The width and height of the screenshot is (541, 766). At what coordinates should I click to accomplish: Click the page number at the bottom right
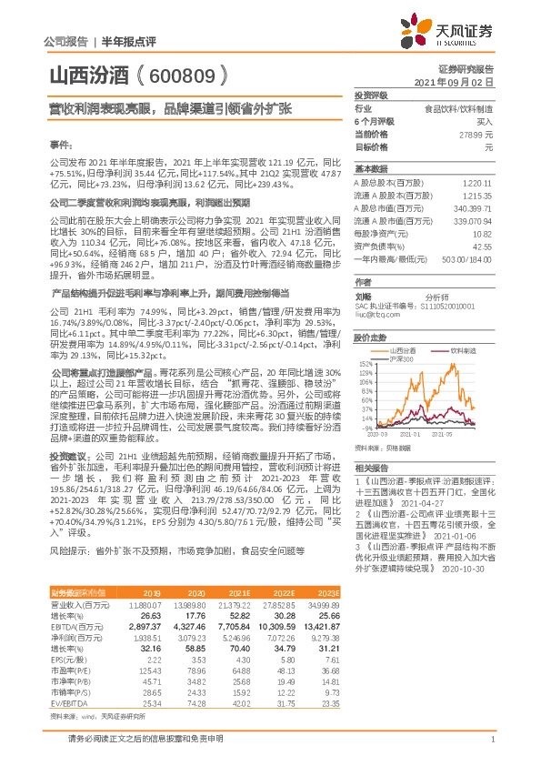(x=491, y=740)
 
